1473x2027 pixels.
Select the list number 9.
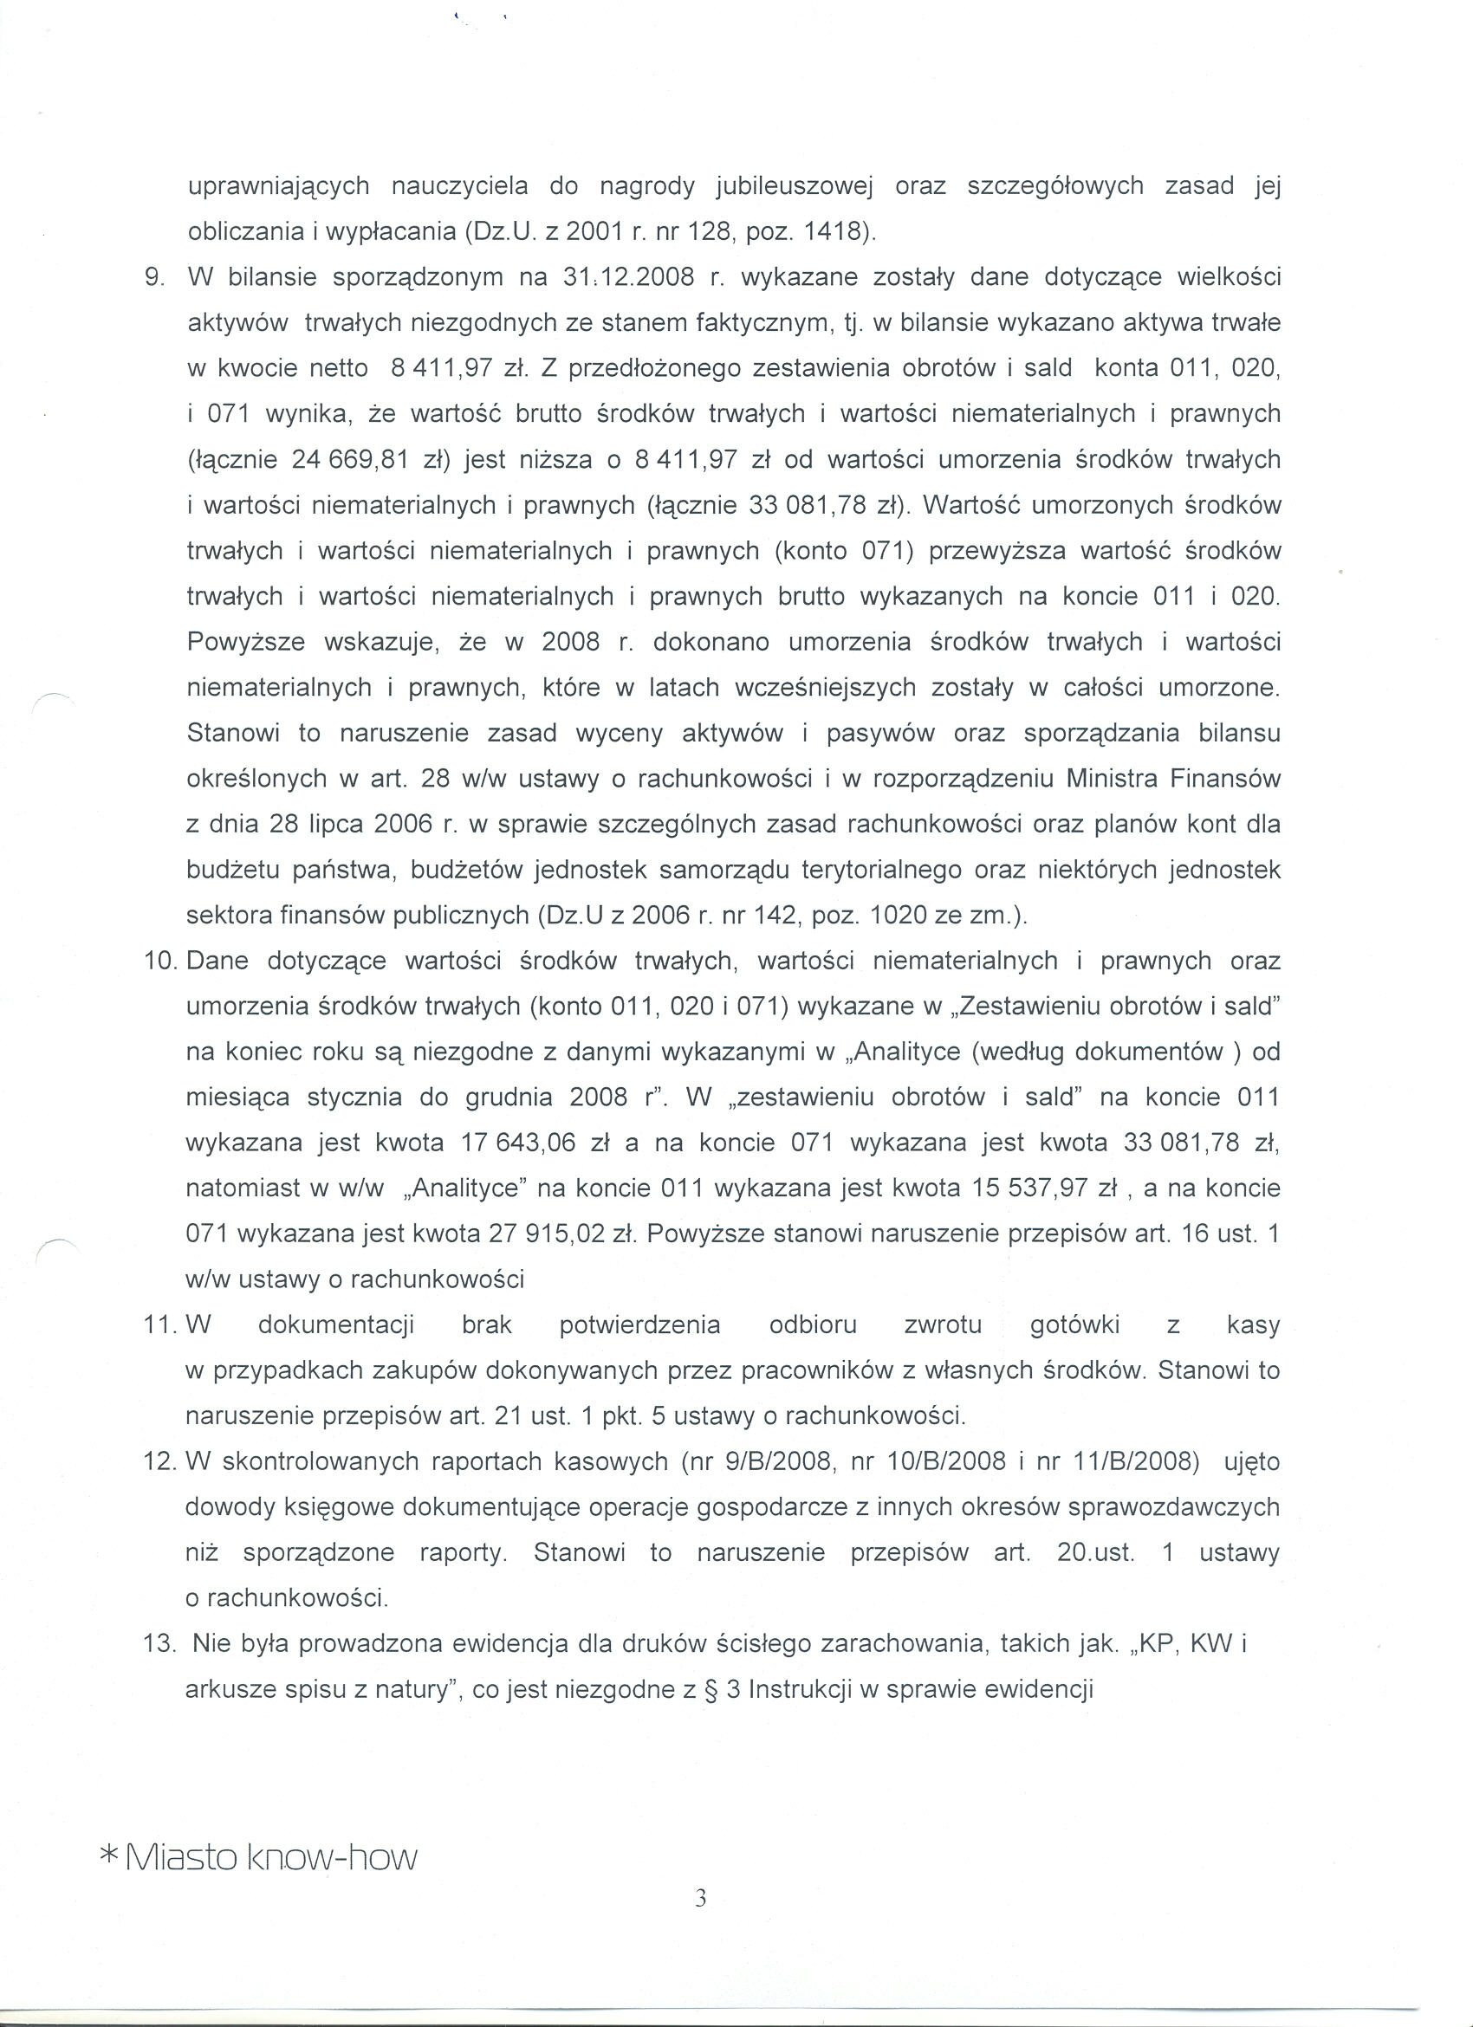153,277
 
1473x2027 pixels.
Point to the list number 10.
163,962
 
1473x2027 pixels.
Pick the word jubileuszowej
794,187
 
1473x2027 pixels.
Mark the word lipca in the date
336,825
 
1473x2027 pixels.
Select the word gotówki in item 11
1074,1324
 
